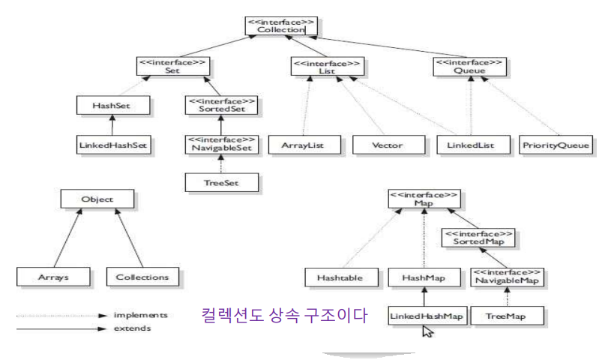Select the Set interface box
coord(172,65)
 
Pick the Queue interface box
coord(469,65)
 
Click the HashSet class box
coord(109,105)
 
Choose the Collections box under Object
coord(142,277)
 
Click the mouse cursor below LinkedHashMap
coord(428,332)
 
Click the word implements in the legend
coord(140,316)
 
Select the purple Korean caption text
coord(284,316)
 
